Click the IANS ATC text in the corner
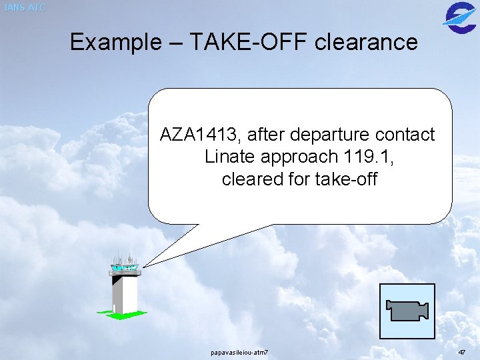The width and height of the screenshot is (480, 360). [24, 7]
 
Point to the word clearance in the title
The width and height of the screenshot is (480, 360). [365, 43]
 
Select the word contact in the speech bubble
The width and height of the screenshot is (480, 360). [405, 135]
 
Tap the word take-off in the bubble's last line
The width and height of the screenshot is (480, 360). [347, 179]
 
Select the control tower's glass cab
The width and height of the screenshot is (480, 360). [125, 269]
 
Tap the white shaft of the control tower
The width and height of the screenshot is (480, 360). [125, 293]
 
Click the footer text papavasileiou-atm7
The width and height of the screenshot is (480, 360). [239, 351]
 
